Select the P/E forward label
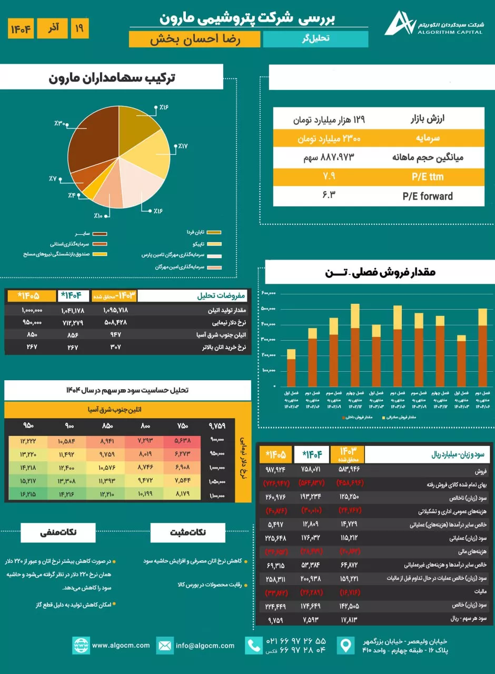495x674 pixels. tap(427, 196)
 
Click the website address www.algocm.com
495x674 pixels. tap(121, 645)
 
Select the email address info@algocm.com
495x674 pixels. tap(205, 645)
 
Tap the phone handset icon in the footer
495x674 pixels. tap(254, 646)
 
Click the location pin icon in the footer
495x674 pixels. tap(345, 646)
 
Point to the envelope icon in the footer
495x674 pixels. tap(165, 646)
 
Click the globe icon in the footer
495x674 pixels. tap(81, 646)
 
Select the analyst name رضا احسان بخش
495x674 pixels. tap(195, 39)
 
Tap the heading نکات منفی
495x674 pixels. tap(58, 532)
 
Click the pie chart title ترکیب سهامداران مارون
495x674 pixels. tap(112, 77)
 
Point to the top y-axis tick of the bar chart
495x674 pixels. tap(269, 293)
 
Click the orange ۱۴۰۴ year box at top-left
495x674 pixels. tap(21, 28)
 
